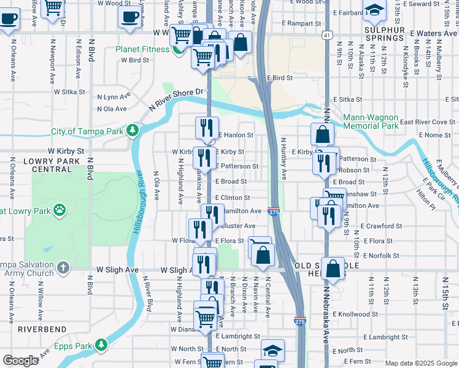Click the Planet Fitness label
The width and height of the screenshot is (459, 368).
[x=144, y=49]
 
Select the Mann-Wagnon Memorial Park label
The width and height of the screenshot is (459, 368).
[x=370, y=121]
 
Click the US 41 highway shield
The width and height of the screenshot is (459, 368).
[x=329, y=36]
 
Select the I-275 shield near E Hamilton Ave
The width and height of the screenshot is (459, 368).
[x=274, y=212]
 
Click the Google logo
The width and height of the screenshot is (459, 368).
[x=20, y=361]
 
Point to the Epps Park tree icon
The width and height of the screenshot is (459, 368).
[x=99, y=347]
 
